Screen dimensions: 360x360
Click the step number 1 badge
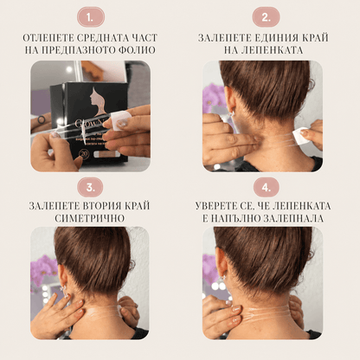pyautogui.click(x=91, y=17)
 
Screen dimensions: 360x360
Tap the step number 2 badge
pyautogui.click(x=266, y=17)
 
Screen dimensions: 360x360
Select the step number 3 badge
pyautogui.click(x=91, y=187)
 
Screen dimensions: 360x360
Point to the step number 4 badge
pyautogui.click(x=266, y=187)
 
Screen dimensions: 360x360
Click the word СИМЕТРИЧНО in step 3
pyautogui.click(x=90, y=218)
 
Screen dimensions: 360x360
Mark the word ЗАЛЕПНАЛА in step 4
pyautogui.click(x=292, y=218)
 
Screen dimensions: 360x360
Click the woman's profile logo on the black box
pyautogui.click(x=97, y=101)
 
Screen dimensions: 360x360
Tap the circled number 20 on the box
pyautogui.click(x=84, y=153)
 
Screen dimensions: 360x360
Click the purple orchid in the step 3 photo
pyautogui.click(x=44, y=269)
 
